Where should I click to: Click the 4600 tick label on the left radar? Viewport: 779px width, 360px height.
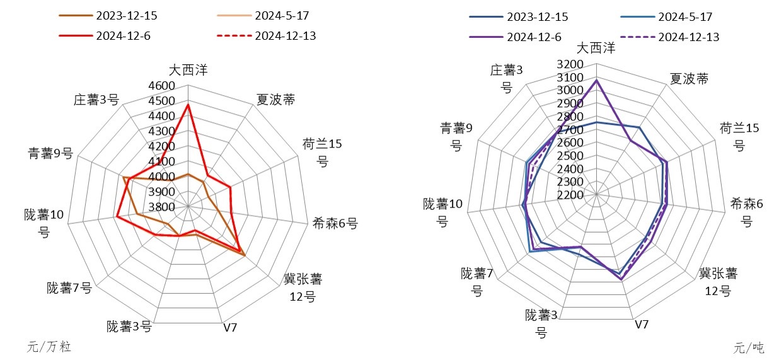[x=161, y=86]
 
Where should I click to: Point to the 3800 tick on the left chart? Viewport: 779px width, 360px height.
[x=161, y=207]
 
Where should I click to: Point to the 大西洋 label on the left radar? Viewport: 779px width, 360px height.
[x=188, y=70]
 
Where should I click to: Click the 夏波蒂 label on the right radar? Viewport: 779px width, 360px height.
[x=688, y=79]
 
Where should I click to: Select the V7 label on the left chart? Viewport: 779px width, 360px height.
[x=230, y=328]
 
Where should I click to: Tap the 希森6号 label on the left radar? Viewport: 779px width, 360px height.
[x=335, y=223]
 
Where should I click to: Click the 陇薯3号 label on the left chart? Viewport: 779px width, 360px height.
[x=129, y=326]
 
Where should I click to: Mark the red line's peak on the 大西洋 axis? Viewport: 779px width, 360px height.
[x=188, y=105]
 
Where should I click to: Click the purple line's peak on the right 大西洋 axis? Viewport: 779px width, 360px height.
[x=596, y=80]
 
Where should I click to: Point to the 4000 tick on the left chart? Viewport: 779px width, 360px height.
[x=161, y=177]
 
